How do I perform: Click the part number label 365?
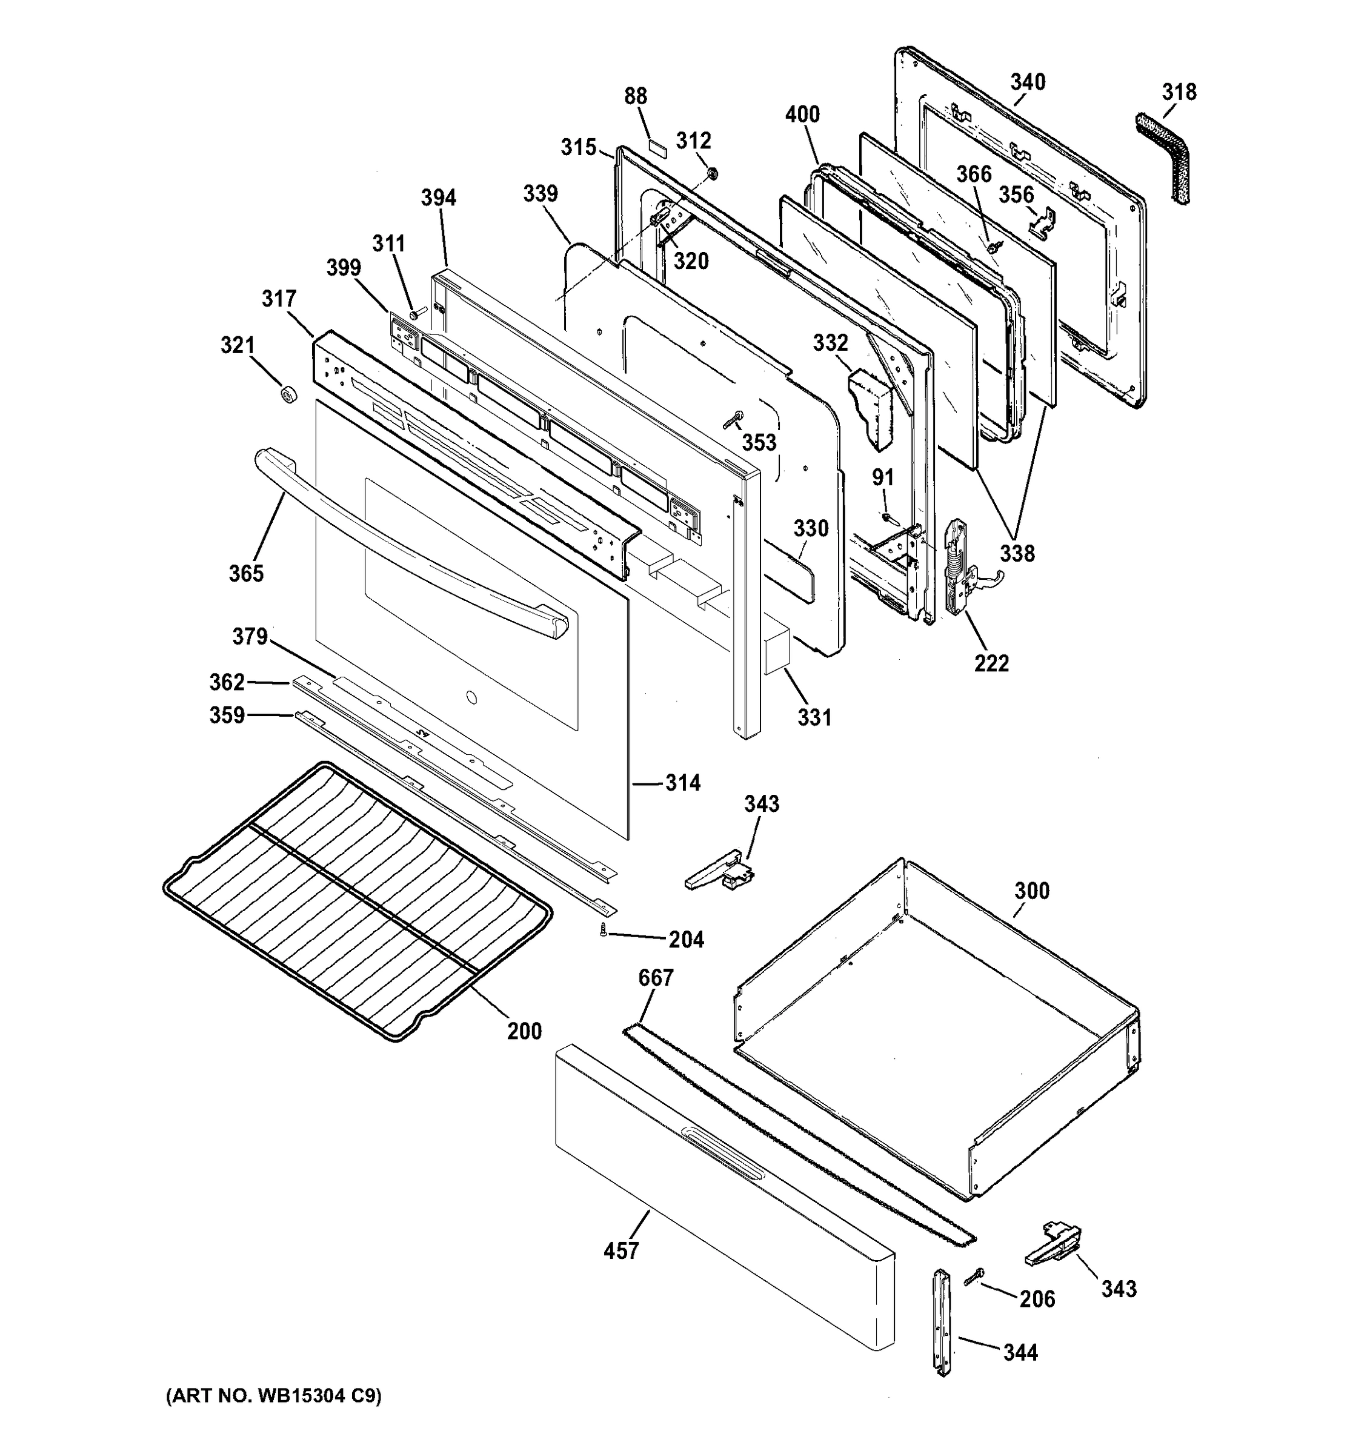pos(246,573)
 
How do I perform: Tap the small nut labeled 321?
pos(287,396)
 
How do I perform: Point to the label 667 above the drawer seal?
pos(656,977)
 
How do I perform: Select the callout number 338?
pos(1017,553)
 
